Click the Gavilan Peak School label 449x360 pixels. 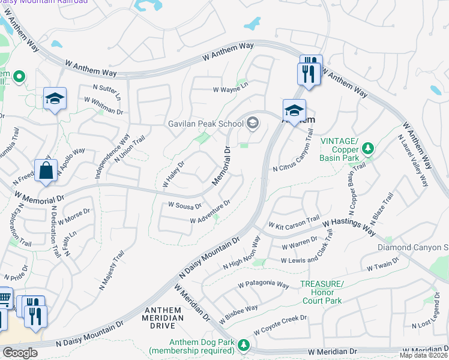click(x=204, y=124)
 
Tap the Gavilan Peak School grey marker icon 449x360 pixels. click(x=253, y=124)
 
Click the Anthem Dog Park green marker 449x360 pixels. click(x=243, y=344)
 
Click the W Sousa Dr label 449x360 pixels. click(x=184, y=205)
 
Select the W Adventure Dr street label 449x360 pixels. click(x=210, y=212)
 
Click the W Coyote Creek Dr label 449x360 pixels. click(x=280, y=324)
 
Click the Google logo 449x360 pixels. click(x=20, y=353)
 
